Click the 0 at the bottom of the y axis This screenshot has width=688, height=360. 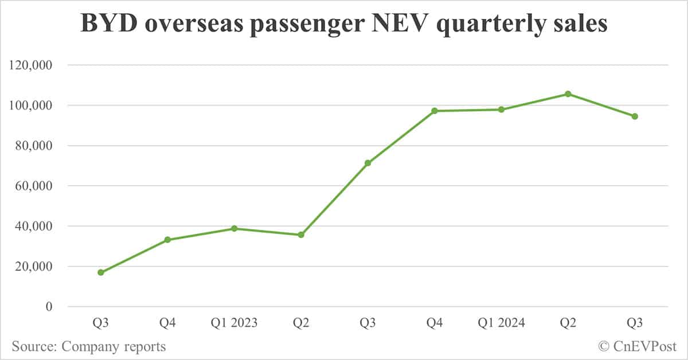(x=49, y=307)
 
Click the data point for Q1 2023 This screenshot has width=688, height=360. (x=234, y=229)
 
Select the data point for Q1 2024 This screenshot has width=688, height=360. (x=501, y=109)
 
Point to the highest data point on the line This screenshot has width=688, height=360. (x=568, y=94)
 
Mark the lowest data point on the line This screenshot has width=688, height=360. (x=101, y=272)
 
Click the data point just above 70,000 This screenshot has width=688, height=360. (x=368, y=163)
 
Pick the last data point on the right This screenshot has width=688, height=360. (x=635, y=116)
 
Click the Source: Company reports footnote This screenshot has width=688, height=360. (x=88, y=346)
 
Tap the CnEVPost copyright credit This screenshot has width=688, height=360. (x=637, y=346)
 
